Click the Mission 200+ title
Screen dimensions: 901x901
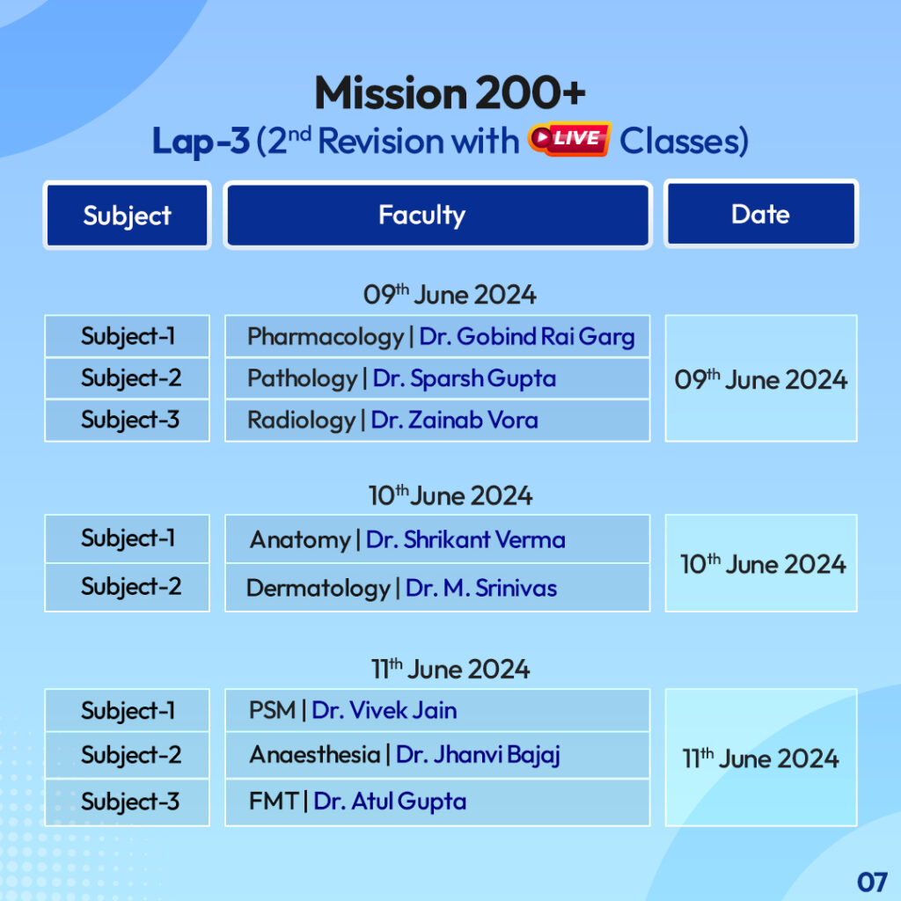point(450,93)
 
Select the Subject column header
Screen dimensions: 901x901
point(127,216)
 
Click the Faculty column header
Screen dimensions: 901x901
point(421,215)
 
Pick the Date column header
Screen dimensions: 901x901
point(760,214)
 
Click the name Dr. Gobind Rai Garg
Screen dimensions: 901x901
point(526,337)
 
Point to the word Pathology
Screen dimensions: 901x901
point(302,379)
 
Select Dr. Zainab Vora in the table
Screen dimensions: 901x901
point(454,421)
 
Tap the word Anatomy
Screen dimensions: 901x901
point(299,539)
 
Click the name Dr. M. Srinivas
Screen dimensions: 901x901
point(480,588)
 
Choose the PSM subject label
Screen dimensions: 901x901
point(272,710)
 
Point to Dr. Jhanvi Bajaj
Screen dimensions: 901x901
point(478,755)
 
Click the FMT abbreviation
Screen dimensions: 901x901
point(273,802)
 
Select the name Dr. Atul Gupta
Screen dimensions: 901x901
point(390,802)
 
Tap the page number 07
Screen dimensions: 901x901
point(871,881)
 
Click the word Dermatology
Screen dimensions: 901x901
point(318,588)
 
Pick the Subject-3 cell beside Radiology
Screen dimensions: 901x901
point(130,421)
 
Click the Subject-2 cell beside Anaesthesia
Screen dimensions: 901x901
point(130,755)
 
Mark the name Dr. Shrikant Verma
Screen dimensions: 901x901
point(465,539)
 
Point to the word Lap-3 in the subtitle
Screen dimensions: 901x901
point(201,142)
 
